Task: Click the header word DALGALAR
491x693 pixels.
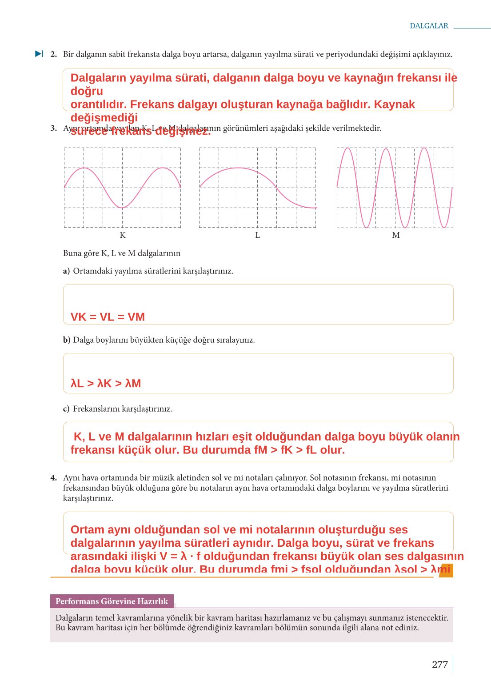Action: [x=429, y=26]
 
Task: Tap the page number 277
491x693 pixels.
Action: [x=439, y=665]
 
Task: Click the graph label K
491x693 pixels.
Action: [x=123, y=235]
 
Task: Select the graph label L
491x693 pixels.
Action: [x=257, y=235]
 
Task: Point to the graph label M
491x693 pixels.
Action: [x=395, y=235]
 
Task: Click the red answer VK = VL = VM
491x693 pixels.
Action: [x=108, y=317]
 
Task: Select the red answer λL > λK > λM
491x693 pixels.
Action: [x=106, y=383]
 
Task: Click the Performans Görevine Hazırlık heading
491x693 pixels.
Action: [x=112, y=601]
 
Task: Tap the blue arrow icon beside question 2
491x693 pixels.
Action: [x=39, y=54]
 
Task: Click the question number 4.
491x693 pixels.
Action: [x=53, y=478]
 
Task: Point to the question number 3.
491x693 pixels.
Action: [x=53, y=128]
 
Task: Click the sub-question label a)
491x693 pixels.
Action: [x=66, y=271]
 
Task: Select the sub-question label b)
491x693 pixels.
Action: [x=66, y=340]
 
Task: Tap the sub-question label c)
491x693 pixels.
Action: [x=66, y=409]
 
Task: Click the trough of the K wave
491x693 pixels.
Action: [x=122, y=208]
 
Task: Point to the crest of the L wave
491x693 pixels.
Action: [x=238, y=168]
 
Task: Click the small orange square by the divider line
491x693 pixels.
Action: [x=446, y=571]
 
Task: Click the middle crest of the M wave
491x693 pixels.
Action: [x=387, y=149]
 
